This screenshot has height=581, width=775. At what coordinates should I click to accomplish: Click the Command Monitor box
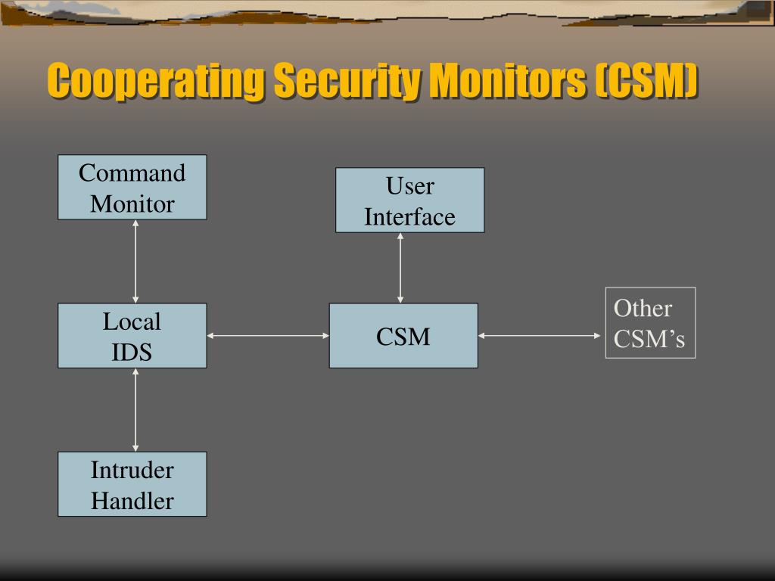coord(132,188)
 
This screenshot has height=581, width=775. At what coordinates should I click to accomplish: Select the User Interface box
coord(409,200)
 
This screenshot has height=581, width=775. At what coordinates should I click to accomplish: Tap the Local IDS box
coord(132,336)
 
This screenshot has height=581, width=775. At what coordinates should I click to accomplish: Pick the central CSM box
coord(403,336)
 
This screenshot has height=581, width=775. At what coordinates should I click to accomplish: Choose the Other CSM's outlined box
coord(650,323)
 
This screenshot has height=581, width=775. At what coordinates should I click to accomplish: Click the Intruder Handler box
coord(132,484)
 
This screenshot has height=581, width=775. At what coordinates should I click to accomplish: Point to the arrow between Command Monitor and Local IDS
coord(135,261)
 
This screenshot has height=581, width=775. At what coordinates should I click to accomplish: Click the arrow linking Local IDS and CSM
coord(268,335)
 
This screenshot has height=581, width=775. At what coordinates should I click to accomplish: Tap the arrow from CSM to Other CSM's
coord(540,335)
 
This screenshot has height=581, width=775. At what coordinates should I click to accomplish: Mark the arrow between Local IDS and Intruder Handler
coord(135,409)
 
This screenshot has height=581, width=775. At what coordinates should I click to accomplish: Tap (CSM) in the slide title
coord(646,81)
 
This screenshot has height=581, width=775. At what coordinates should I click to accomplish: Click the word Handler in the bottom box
coord(132,501)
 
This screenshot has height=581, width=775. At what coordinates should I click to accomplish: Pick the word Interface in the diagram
coord(409,217)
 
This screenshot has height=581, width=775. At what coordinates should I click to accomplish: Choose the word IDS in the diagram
coord(132,353)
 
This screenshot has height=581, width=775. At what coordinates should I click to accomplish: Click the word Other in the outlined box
coord(643,309)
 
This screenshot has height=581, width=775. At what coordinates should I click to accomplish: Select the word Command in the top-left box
coord(132,173)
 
